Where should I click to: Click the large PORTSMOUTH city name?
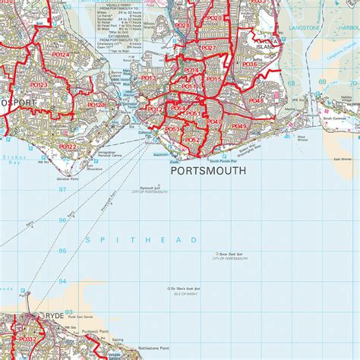click(x=209, y=172)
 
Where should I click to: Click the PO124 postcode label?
click(x=58, y=55)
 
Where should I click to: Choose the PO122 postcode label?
click(x=67, y=147)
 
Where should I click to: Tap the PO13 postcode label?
click(x=148, y=78)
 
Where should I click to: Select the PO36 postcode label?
click(x=249, y=65)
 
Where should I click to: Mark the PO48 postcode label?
click(x=257, y=100)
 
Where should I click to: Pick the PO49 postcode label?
click(x=239, y=126)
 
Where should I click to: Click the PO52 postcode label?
click(x=192, y=140)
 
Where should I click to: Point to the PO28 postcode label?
click(x=182, y=26)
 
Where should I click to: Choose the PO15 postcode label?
click(x=213, y=79)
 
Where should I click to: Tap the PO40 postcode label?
click(x=214, y=122)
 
